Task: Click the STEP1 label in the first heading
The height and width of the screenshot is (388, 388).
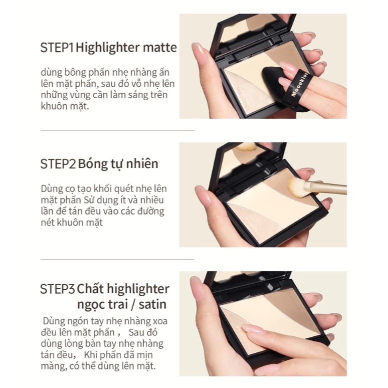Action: click(x=57, y=48)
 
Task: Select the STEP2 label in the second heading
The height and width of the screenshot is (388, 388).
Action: click(x=58, y=164)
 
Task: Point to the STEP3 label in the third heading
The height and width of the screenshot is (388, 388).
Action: click(x=58, y=289)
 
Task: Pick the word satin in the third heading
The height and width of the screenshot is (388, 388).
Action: click(x=152, y=305)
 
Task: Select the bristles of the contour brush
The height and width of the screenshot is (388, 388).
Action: click(x=296, y=187)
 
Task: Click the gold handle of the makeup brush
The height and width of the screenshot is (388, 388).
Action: click(x=326, y=187)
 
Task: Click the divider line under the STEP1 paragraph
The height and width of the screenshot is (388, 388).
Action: click(x=117, y=130)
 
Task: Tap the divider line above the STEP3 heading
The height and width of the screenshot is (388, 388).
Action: click(x=117, y=259)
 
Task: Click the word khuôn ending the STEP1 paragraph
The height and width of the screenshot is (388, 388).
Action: click(x=54, y=106)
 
